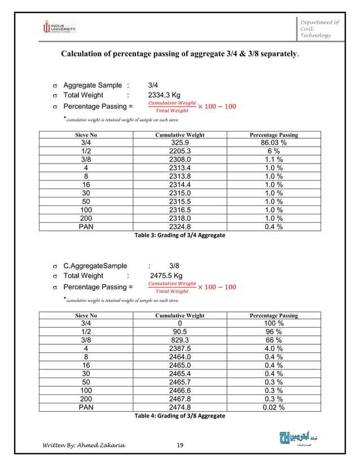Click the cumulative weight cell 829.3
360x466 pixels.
(179, 340)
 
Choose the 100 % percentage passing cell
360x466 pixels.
(273, 324)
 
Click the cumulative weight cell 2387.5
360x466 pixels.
(179, 349)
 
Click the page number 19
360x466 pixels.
(181, 446)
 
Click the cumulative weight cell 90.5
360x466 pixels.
(179, 332)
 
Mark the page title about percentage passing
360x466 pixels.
(180, 55)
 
